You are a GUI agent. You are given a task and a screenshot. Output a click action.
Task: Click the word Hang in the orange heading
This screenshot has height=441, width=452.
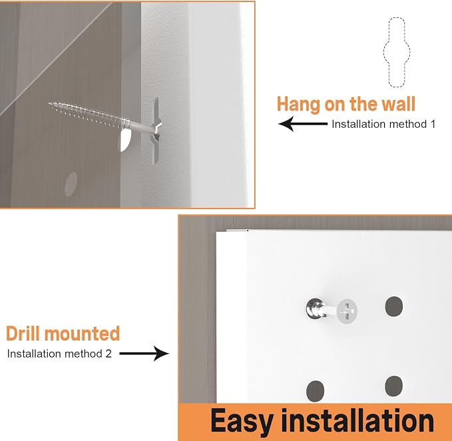298,104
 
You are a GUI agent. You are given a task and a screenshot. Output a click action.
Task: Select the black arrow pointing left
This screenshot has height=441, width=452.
303,124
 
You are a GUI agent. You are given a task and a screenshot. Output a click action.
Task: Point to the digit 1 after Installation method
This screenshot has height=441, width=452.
433,124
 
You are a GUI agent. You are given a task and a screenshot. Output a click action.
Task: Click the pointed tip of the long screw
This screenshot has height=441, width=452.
49,103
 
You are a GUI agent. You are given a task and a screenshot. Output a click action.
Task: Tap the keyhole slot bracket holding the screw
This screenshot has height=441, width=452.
155,131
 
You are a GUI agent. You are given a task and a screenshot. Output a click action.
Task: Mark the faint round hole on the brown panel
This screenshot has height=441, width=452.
71,185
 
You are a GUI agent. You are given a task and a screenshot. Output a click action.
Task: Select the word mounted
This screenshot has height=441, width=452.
82,334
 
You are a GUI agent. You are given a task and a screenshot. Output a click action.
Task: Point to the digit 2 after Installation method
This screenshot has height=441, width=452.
109,354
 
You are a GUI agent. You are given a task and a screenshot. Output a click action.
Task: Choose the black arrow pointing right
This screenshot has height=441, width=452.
144,353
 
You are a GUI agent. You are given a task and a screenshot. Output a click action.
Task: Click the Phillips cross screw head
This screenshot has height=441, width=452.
347,312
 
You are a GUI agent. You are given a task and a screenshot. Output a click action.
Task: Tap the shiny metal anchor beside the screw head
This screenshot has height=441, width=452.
315,308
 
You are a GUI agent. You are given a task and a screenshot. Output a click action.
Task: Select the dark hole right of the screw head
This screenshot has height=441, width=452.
394,306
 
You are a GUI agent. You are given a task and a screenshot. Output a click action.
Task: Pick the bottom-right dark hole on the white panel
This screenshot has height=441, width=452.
394,386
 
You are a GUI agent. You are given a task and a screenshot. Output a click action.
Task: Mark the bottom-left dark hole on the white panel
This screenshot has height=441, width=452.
315,391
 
